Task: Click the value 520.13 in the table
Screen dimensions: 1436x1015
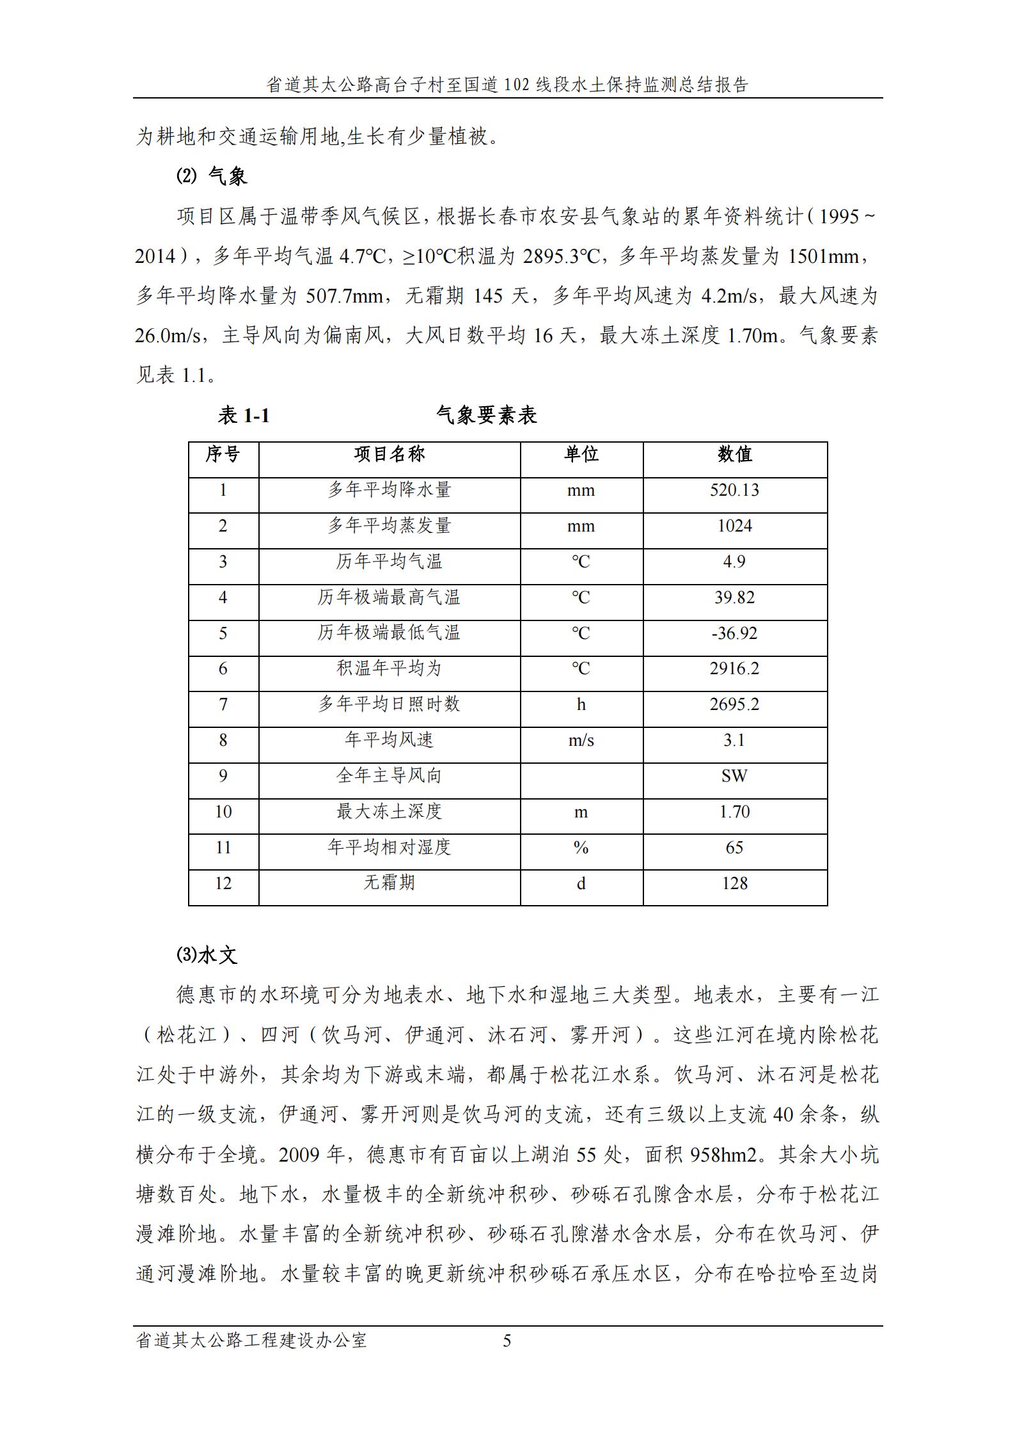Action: click(734, 491)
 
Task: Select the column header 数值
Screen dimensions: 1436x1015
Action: click(734, 455)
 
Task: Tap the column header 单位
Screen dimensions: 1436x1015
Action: click(581, 455)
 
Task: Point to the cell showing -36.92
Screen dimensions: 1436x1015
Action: click(734, 633)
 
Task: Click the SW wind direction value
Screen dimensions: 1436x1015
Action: click(734, 776)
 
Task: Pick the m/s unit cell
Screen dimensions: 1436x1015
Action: click(581, 741)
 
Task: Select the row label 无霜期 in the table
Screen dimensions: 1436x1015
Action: click(389, 883)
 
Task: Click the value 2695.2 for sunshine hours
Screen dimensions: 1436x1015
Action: click(734, 705)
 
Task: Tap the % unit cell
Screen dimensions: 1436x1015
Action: click(581, 848)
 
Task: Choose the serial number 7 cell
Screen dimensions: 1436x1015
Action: click(223, 705)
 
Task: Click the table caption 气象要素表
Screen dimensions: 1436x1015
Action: click(486, 416)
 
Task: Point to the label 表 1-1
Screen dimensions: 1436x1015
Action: click(244, 416)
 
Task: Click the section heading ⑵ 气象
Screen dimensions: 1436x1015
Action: click(212, 177)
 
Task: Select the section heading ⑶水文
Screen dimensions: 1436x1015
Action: click(207, 956)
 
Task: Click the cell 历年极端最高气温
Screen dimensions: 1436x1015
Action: click(389, 597)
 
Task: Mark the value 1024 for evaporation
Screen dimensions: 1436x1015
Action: click(734, 526)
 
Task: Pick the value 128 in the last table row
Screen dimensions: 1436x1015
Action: click(734, 883)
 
